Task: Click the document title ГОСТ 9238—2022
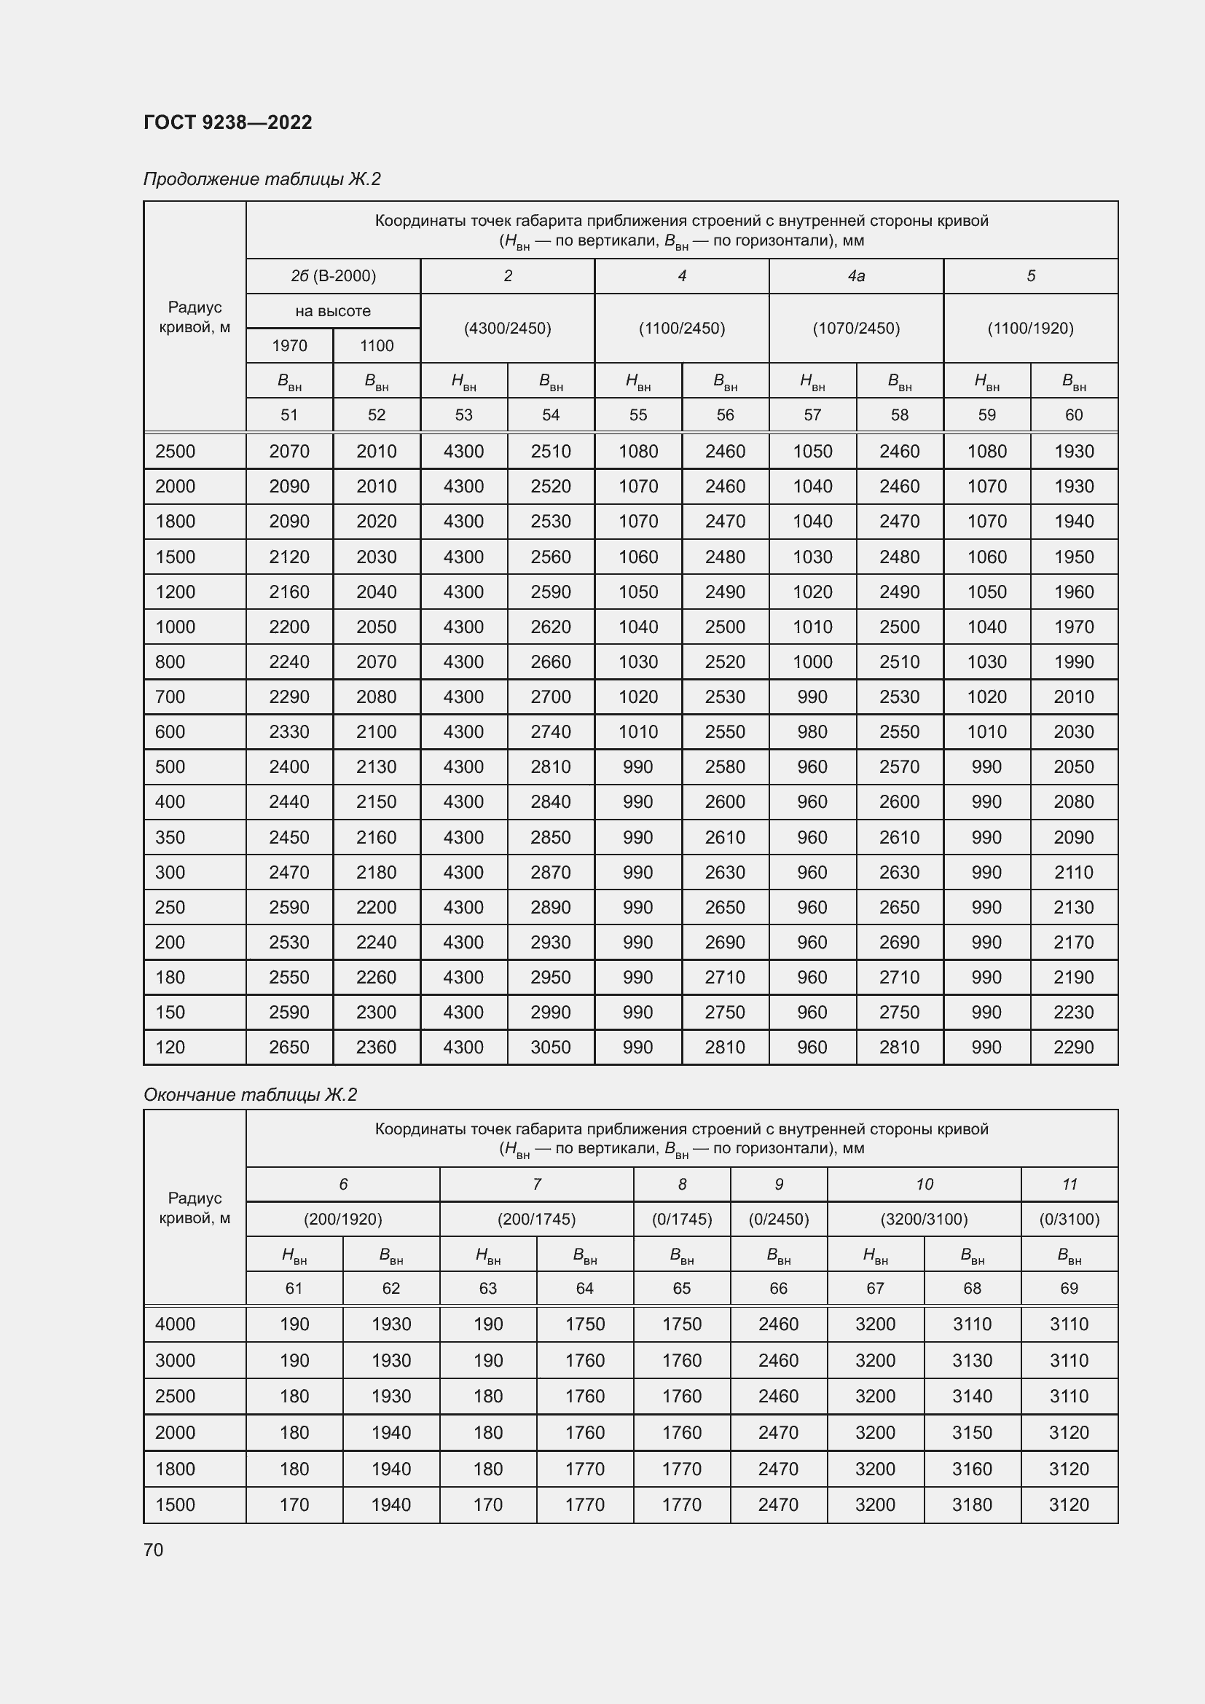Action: [x=228, y=122]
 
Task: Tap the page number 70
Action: [x=154, y=1550]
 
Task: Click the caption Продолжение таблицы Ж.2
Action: [x=262, y=179]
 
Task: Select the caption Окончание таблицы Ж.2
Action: [x=250, y=1095]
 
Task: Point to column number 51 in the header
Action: [x=289, y=415]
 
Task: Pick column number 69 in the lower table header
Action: [x=1069, y=1289]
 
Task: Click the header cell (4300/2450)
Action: [x=508, y=328]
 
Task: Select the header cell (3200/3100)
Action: [x=924, y=1219]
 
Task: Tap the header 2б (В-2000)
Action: [x=333, y=276]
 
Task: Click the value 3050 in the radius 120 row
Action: [x=551, y=1047]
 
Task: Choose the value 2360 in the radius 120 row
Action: [x=376, y=1047]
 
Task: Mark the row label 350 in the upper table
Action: [x=170, y=837]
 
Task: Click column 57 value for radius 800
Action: [x=812, y=662]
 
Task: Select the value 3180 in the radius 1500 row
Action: [x=972, y=1504]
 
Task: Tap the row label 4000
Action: [x=175, y=1324]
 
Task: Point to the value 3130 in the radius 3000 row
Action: [x=972, y=1360]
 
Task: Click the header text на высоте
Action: [x=333, y=311]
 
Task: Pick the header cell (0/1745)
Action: [x=682, y=1219]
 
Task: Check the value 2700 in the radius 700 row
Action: [x=551, y=697]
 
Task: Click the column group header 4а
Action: [x=856, y=276]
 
